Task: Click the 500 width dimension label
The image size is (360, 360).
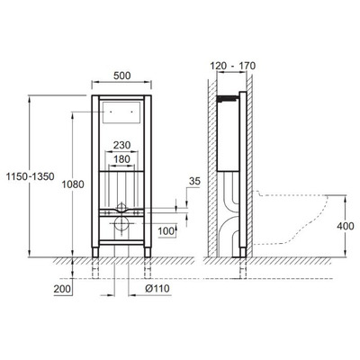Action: coord(121,76)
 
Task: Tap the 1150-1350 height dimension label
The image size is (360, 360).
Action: coord(31,176)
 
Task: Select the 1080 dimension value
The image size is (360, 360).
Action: coord(73,184)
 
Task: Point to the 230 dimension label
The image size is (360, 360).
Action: coord(121,145)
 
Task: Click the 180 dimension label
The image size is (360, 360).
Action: coord(121,159)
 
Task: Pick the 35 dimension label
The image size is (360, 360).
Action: coord(194,181)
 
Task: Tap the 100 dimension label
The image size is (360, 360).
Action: coord(166,231)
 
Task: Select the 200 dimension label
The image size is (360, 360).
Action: coord(62,289)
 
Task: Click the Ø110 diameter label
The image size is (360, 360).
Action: coord(157,289)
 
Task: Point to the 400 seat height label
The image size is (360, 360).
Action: coord(346,226)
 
